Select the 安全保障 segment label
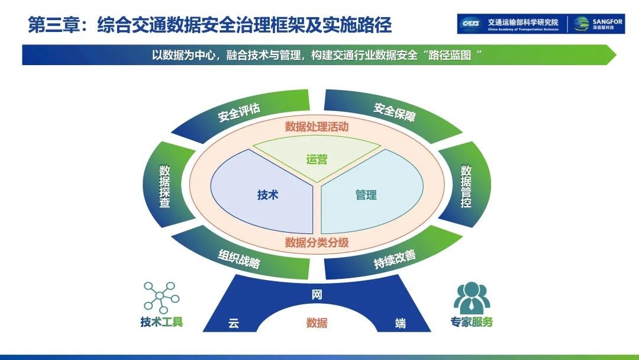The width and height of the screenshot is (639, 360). pyautogui.click(x=395, y=111)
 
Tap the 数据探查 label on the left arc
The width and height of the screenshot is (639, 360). pyautogui.click(x=164, y=186)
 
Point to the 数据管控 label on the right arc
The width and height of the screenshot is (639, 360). pyautogui.click(x=466, y=186)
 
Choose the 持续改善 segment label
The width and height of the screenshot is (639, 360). pyautogui.click(x=395, y=259)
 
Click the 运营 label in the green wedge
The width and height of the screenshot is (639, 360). pyautogui.click(x=317, y=159)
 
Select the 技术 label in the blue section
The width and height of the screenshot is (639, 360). pyautogui.click(x=267, y=195)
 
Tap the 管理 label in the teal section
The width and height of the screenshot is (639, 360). pyautogui.click(x=366, y=195)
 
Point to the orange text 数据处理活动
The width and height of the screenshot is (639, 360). pyautogui.click(x=317, y=126)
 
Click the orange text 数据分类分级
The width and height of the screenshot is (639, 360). pyautogui.click(x=317, y=242)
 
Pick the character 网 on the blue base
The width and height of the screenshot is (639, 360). pyautogui.click(x=317, y=294)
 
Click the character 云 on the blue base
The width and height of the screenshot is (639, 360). pyautogui.click(x=234, y=323)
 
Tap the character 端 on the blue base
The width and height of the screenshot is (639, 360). pyautogui.click(x=401, y=323)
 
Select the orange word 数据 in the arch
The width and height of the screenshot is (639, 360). pyautogui.click(x=317, y=323)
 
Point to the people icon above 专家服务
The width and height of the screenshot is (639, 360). pyautogui.click(x=472, y=298)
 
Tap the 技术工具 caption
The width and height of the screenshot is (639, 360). pyautogui.click(x=162, y=322)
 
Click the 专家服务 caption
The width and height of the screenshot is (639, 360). pyautogui.click(x=472, y=323)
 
